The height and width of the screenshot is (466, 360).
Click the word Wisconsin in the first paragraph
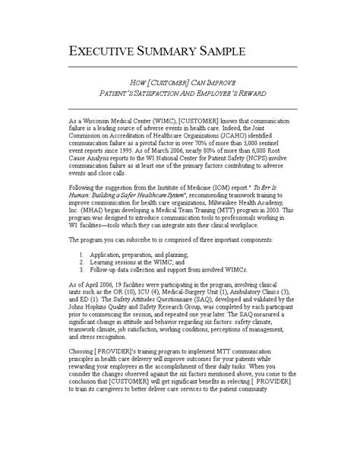click(x=93, y=121)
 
